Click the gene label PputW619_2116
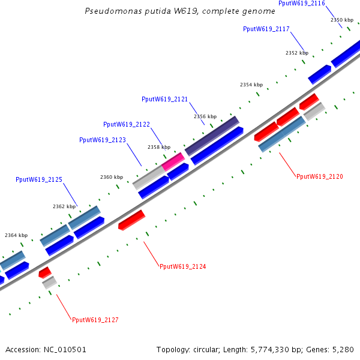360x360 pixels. coord(302,4)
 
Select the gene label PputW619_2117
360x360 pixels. coord(266,29)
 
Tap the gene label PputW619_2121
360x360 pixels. coord(164,99)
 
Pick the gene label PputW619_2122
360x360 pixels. coord(126,124)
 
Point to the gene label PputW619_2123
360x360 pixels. coord(102,140)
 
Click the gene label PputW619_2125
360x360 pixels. coord(39,179)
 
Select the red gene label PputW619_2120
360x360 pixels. coord(320,176)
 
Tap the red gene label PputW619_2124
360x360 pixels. coord(183,266)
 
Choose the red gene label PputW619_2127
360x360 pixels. coord(95,320)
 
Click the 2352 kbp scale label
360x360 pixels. coord(296,53)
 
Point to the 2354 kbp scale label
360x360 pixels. coord(251,85)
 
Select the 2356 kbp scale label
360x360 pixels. coord(205,116)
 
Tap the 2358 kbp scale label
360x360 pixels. coord(159,147)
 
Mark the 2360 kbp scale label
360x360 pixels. coord(111,177)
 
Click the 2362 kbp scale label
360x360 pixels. coord(64,206)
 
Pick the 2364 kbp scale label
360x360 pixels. coord(16,236)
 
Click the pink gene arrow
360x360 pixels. coord(173,161)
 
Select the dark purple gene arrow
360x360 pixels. coord(212,136)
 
